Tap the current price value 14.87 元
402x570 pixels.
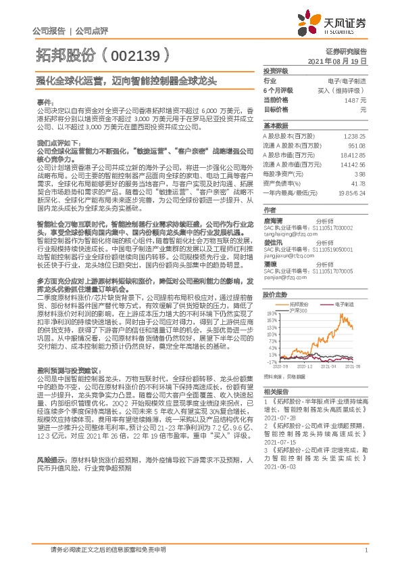[x=354, y=100]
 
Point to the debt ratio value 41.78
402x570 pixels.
[x=359, y=183]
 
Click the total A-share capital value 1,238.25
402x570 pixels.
[x=354, y=136]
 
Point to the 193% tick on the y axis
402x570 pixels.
[x=272, y=314]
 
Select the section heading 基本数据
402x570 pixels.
[x=275, y=126]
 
